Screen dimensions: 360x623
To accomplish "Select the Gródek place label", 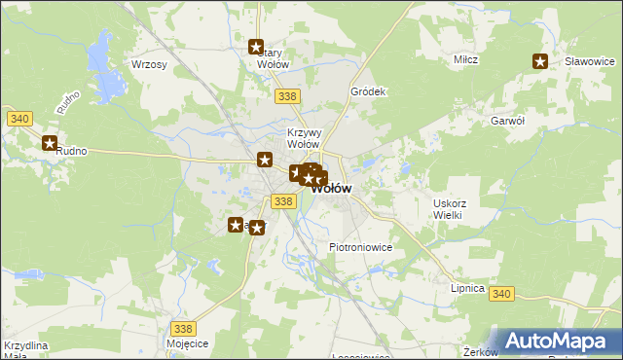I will coord(369,91).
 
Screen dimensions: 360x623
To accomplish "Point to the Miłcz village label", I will coord(465,60).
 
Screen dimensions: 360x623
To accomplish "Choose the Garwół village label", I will coord(508,121).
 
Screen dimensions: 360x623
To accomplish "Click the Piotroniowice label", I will coord(360,247).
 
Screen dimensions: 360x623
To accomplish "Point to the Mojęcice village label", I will coord(187,344).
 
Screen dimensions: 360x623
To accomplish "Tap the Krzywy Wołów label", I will coord(303,138).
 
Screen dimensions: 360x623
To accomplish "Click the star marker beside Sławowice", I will coord(540,61).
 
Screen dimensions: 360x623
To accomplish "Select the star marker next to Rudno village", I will coord(50,143).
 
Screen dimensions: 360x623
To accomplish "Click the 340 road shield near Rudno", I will coord(19,119).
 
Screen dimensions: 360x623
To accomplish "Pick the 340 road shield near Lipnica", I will coord(501,294).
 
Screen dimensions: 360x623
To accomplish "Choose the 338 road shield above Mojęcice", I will coord(183,329).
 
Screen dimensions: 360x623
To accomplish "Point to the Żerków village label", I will coord(481,351).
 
